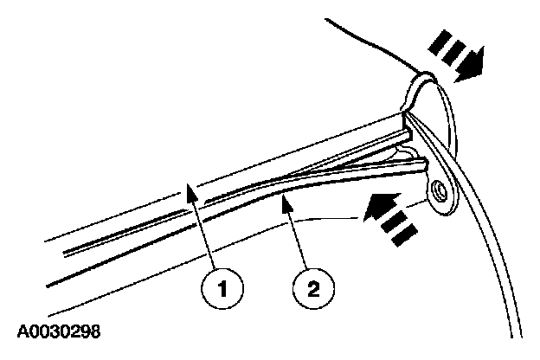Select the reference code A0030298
[x=61, y=331]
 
